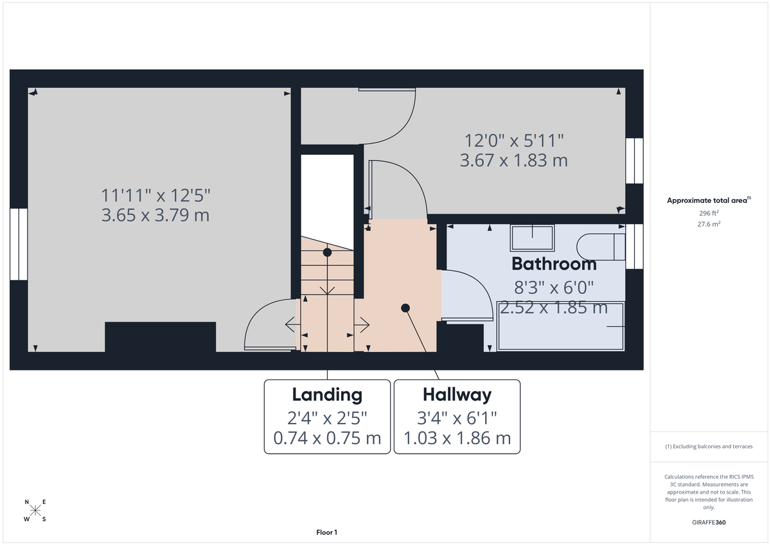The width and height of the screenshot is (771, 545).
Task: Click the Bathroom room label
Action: point(554,264)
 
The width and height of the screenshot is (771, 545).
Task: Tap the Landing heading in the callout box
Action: point(327,394)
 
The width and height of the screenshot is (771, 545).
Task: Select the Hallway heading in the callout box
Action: point(457,394)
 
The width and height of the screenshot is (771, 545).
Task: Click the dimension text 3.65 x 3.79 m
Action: point(155,215)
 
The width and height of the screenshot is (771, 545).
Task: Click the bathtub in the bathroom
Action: point(560,326)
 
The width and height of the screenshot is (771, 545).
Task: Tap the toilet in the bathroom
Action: point(601,247)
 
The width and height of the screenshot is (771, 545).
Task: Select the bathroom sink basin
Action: point(532,238)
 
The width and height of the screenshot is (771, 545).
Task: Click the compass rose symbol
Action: point(35,510)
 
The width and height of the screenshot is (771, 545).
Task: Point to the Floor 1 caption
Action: point(326,532)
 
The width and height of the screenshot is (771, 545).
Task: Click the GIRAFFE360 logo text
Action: point(707,523)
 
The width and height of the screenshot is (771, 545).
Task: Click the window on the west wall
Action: point(19,244)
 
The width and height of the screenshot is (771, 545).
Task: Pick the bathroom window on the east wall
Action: point(634,246)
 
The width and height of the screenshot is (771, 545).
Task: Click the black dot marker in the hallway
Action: point(405,308)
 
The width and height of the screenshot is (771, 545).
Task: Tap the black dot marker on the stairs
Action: point(327,252)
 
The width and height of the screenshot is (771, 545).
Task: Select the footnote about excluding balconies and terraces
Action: point(708,446)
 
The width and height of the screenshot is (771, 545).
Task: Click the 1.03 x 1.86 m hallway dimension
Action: point(457,438)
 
